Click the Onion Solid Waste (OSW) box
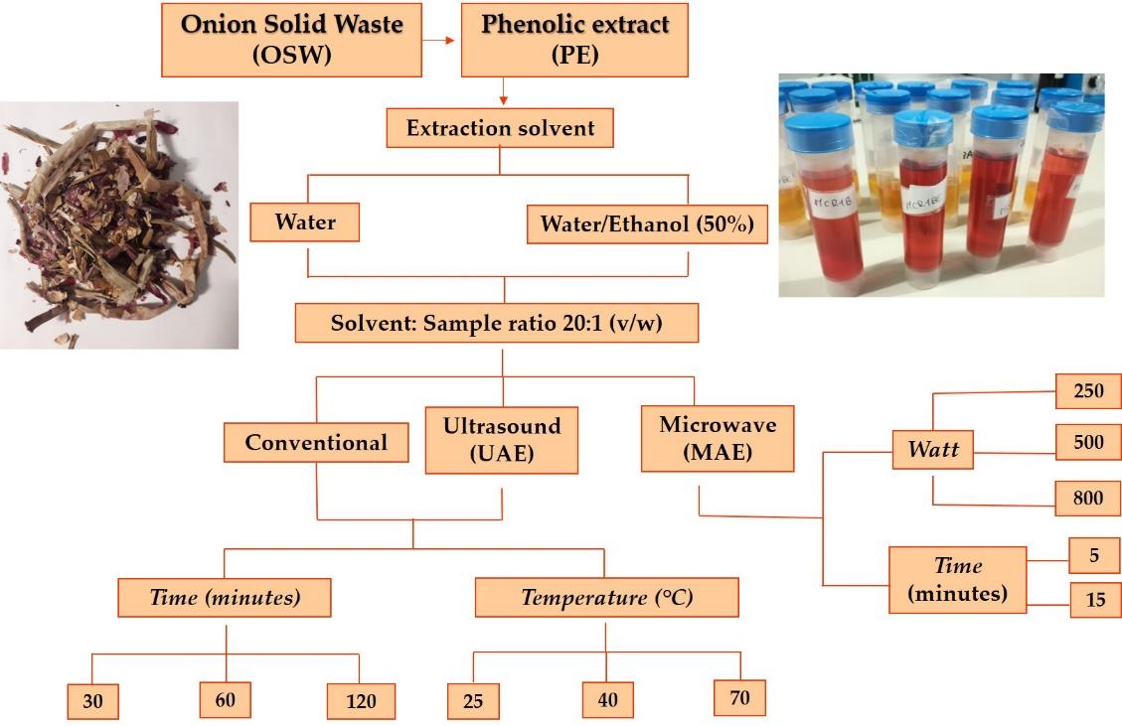(x=291, y=40)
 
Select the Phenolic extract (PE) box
(x=574, y=40)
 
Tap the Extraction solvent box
(x=500, y=128)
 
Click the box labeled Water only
(x=305, y=221)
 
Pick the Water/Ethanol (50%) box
(x=647, y=223)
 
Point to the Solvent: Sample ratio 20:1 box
(x=497, y=324)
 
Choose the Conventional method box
(x=316, y=442)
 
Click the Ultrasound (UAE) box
(x=502, y=440)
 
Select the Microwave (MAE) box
(x=718, y=438)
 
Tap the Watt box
(x=933, y=449)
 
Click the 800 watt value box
(x=1087, y=498)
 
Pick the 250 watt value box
(x=1087, y=390)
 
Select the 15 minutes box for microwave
(x=1095, y=600)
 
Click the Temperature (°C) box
(x=607, y=597)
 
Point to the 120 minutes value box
(x=361, y=701)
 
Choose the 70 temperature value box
(x=740, y=697)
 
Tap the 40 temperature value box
(x=607, y=699)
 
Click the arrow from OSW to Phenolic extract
(x=438, y=40)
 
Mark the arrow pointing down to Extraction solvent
(x=503, y=91)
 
